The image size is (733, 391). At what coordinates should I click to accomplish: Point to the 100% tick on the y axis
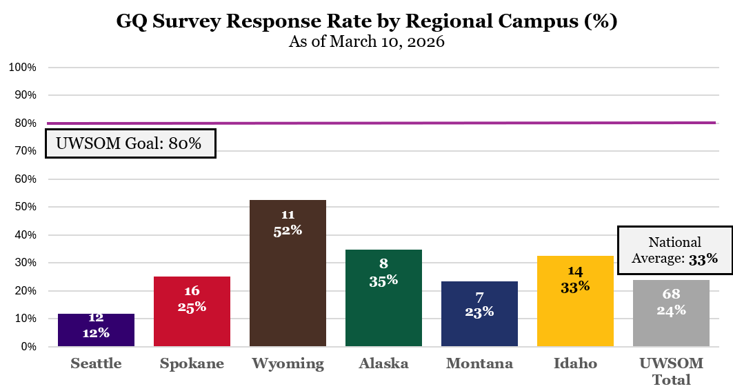pos(22,68)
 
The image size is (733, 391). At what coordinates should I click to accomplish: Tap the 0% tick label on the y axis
pos(28,347)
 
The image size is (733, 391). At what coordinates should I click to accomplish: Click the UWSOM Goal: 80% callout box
pos(131,143)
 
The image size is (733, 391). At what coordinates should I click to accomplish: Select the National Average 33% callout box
pos(674,250)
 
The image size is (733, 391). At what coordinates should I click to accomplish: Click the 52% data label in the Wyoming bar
pos(288,230)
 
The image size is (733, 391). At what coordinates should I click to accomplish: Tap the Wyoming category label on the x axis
pos(288,364)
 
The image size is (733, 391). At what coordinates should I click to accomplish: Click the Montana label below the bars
pos(479,364)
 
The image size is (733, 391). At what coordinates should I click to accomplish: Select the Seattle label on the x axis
pos(96,364)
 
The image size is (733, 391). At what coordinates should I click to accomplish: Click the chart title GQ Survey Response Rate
pos(366,21)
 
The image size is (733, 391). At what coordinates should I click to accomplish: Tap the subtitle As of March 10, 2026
pos(366,41)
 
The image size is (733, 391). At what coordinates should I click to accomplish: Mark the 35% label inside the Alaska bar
pos(383,280)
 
